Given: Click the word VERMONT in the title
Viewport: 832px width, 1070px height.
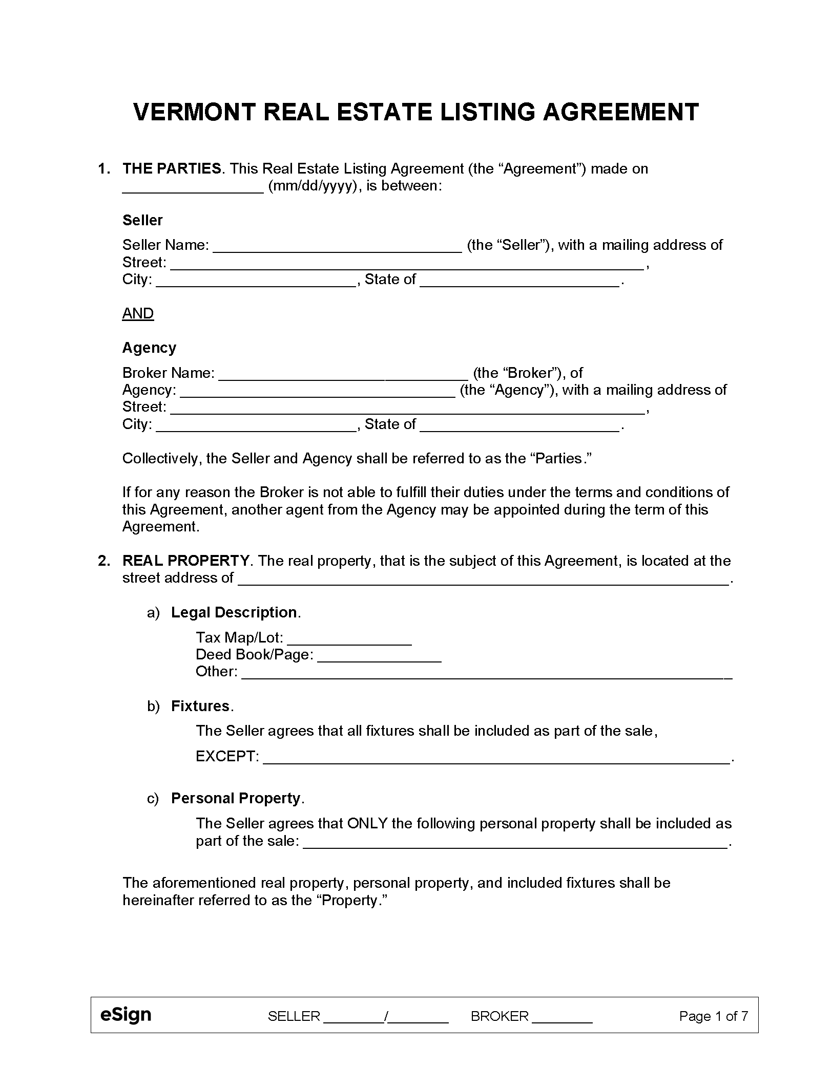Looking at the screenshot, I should [x=194, y=112].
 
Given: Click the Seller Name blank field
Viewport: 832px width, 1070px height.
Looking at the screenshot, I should [x=337, y=246].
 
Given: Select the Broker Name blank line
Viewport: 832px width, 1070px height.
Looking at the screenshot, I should [x=343, y=374].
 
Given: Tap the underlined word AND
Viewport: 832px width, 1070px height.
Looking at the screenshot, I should [x=138, y=313].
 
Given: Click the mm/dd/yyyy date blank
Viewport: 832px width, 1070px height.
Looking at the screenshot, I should [x=193, y=187].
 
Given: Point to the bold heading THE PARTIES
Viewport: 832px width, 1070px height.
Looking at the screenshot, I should [x=172, y=168].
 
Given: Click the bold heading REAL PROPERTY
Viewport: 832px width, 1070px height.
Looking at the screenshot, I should [x=186, y=561].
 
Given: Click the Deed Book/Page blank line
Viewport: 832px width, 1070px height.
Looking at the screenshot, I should [x=379, y=655].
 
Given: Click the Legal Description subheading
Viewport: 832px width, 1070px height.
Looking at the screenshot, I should [x=234, y=612].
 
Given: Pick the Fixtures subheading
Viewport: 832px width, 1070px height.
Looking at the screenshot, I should [x=200, y=706].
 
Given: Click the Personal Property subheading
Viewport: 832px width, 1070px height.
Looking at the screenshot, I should [x=236, y=798].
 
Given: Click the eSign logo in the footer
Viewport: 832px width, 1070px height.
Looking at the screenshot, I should [x=126, y=1014].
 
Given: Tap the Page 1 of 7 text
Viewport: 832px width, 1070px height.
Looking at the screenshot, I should [x=713, y=1016].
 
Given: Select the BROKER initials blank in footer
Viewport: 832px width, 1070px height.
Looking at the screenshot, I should [x=562, y=1017].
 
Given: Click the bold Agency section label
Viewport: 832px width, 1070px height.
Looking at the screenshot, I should [x=149, y=348].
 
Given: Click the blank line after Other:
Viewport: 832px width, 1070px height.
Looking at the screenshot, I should [x=486, y=672].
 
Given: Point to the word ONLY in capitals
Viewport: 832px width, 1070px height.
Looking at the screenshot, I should [x=367, y=823].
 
